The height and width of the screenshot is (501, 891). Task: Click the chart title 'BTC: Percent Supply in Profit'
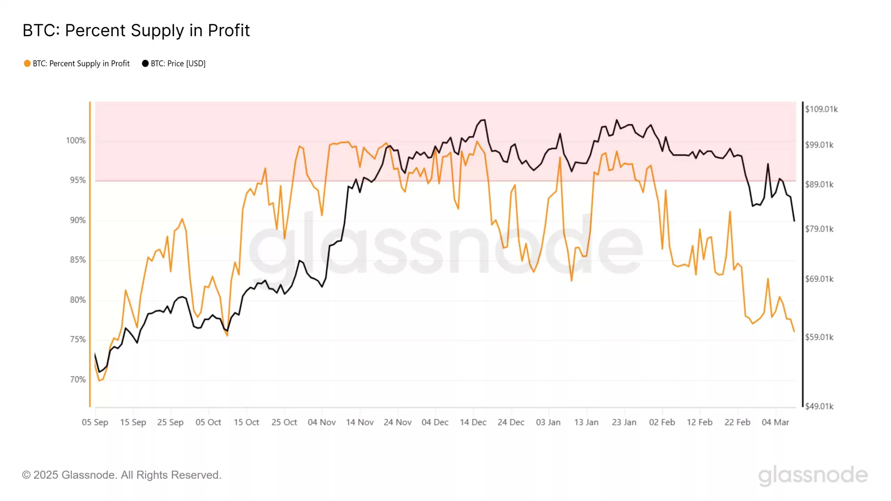pos(136,30)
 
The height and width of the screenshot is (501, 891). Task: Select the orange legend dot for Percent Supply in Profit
pos(27,63)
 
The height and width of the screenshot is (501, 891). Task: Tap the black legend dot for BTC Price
pos(145,63)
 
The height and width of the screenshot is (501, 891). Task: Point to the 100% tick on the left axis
pos(76,141)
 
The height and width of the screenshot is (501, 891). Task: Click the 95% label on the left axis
pos(78,180)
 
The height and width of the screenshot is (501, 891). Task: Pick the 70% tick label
pos(78,380)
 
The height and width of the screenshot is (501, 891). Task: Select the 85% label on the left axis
pos(78,260)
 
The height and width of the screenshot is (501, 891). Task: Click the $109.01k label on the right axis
pos(821,109)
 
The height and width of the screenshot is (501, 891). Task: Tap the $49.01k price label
pos(819,406)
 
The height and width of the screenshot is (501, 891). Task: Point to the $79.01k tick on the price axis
pos(819,229)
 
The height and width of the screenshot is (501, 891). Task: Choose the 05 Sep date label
pos(95,422)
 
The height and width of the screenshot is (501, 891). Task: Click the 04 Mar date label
pos(775,422)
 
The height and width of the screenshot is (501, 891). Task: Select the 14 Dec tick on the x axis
pos(473,422)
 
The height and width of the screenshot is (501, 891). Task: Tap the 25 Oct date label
pos(284,422)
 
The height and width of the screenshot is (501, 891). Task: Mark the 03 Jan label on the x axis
pos(548,422)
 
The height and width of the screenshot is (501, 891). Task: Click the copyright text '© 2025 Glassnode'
pos(121,475)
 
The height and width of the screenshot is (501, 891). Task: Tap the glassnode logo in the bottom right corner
pos(813,475)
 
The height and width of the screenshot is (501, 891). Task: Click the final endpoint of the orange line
pos(794,332)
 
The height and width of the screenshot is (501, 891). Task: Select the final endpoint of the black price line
pos(794,221)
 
